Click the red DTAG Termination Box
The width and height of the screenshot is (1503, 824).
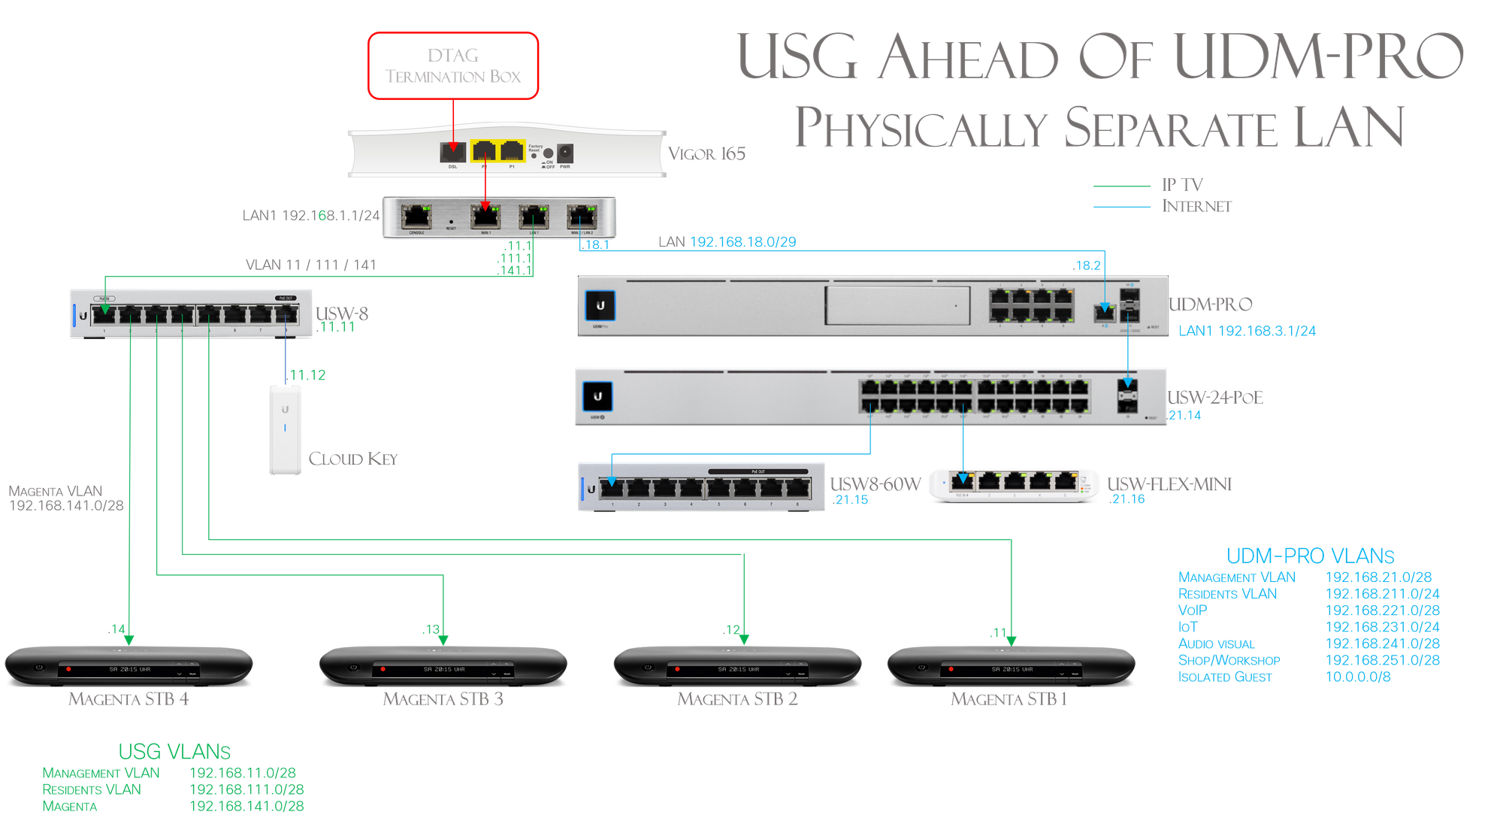[x=453, y=65]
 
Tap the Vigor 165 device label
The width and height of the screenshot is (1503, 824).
[x=707, y=154]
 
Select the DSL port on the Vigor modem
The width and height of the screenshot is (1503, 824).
[x=452, y=153]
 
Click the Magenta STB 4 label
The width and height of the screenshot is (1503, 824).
[x=129, y=699]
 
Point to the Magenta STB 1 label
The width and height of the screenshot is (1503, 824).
[x=1009, y=699]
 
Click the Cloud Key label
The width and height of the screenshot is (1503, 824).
[x=352, y=459]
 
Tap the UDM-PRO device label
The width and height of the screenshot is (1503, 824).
[x=1211, y=304]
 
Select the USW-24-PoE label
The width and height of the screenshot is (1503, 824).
[x=1215, y=397]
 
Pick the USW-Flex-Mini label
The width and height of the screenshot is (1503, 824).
[x=1169, y=484]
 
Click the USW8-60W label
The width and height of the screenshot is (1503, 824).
[x=875, y=484]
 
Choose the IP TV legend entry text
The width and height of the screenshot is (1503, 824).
[x=1182, y=185]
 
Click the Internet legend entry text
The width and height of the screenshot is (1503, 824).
[x=1196, y=206]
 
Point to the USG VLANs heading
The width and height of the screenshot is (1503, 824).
[x=174, y=751]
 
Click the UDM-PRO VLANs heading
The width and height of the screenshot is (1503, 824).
[x=1310, y=556]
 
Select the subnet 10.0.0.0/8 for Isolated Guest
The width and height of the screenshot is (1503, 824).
[x=1358, y=677]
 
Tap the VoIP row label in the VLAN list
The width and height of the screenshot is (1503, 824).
[x=1193, y=610]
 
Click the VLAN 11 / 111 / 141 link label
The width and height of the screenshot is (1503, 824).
[x=311, y=265]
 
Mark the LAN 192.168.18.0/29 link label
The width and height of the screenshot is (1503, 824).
[x=727, y=242]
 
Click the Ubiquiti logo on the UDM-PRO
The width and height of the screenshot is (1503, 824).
[x=600, y=305]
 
